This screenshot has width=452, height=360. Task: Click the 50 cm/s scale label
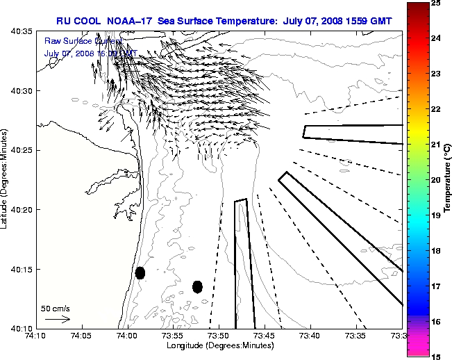[x=55, y=308]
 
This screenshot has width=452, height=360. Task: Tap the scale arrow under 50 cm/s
[x=57, y=320]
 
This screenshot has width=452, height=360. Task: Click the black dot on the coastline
[x=140, y=272]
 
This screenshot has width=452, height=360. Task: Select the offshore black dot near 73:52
[x=197, y=286]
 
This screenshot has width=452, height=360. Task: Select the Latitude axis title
[x=6, y=179]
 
